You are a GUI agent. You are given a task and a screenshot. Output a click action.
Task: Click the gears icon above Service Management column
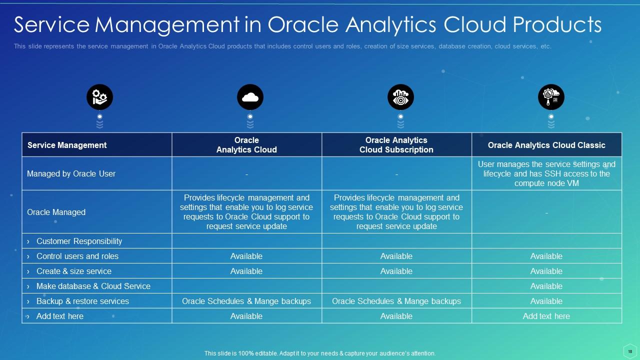(99, 97)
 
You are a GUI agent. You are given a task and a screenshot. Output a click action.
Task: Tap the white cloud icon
(250, 97)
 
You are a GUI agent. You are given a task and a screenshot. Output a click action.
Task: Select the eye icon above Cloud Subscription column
(400, 97)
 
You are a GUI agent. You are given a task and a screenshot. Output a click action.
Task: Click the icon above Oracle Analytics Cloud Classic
(551, 97)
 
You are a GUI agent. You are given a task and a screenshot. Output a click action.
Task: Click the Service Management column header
(67, 145)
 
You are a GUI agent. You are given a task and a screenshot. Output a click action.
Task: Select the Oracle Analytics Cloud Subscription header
(396, 145)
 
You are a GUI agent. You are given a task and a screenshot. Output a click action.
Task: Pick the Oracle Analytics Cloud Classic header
(546, 145)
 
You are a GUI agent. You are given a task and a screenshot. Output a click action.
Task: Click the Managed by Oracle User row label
(71, 173)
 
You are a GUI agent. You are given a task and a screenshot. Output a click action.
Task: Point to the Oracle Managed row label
(56, 212)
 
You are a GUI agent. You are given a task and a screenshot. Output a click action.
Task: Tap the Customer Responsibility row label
(79, 241)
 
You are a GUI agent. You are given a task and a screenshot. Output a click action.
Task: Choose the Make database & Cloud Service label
(93, 286)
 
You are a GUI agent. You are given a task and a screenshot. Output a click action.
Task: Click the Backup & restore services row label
(82, 301)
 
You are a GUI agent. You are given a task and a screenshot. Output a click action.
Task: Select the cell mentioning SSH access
(546, 173)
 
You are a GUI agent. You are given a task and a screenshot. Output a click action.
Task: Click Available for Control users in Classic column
(546, 256)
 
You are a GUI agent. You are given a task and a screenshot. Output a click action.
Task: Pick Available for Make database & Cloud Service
(546, 286)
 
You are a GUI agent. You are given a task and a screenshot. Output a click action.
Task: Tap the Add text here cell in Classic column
(546, 316)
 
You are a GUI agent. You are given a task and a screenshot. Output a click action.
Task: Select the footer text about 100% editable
(320, 353)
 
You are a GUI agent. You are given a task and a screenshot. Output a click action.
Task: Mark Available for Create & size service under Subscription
(396, 271)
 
